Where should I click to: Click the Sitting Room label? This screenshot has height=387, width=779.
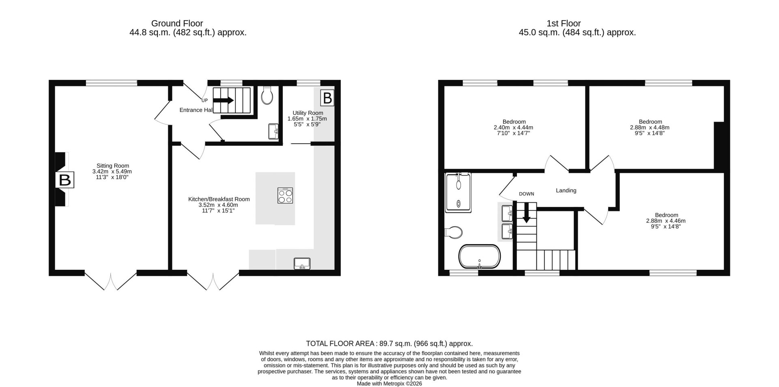click(x=113, y=166)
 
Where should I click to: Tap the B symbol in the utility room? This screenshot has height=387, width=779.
click(x=327, y=98)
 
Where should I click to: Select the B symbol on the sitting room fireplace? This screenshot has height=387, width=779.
click(x=65, y=180)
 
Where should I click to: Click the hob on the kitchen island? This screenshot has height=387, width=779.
click(x=285, y=196)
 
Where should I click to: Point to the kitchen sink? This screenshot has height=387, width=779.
click(x=302, y=264)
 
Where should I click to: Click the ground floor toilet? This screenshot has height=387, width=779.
click(x=267, y=95)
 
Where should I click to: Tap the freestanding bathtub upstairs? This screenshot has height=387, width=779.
click(x=480, y=256)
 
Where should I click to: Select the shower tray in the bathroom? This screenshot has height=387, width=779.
click(x=459, y=193)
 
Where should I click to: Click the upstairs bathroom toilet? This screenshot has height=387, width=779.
click(x=454, y=232)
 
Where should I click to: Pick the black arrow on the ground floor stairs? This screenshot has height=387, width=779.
click(x=223, y=100)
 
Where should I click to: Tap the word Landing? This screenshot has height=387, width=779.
click(x=566, y=190)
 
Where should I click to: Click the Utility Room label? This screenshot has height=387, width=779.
click(x=308, y=113)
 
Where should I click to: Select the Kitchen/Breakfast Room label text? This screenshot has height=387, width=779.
click(x=219, y=199)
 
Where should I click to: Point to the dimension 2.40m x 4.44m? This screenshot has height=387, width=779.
click(x=514, y=127)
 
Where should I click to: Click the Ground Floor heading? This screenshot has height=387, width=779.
click(x=177, y=24)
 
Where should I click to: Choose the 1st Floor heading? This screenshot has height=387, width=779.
click(x=564, y=24)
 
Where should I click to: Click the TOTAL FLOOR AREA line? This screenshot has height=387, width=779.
click(x=389, y=344)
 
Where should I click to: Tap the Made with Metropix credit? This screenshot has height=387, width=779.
click(x=389, y=383)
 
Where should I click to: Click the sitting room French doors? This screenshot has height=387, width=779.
click(x=111, y=280)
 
